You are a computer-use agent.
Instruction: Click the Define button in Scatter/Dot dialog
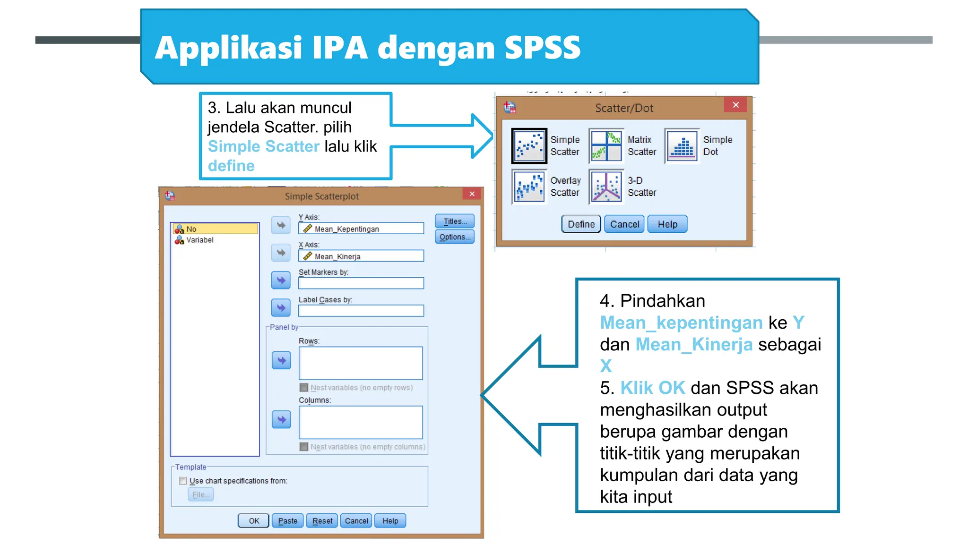(581, 224)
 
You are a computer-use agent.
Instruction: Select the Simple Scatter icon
(529, 145)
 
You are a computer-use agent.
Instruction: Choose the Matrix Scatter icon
(606, 145)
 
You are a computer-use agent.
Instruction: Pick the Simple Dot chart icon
(682, 145)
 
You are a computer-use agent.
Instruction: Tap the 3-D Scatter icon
(606, 187)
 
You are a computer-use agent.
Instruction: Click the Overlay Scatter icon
(529, 187)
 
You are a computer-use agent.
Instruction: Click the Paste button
(287, 520)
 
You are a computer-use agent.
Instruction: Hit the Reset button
(322, 520)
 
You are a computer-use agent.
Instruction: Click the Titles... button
(455, 221)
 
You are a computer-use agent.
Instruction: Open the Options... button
(455, 237)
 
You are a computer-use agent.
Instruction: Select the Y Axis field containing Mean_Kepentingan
(361, 229)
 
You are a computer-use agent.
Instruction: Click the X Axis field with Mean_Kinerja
(361, 256)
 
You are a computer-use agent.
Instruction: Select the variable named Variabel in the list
(199, 240)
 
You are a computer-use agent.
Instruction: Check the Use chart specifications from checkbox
(183, 481)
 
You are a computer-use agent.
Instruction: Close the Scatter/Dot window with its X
(735, 105)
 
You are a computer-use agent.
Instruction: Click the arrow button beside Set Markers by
(281, 280)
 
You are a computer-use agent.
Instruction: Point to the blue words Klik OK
(652, 388)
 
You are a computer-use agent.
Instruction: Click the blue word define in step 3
(231, 166)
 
